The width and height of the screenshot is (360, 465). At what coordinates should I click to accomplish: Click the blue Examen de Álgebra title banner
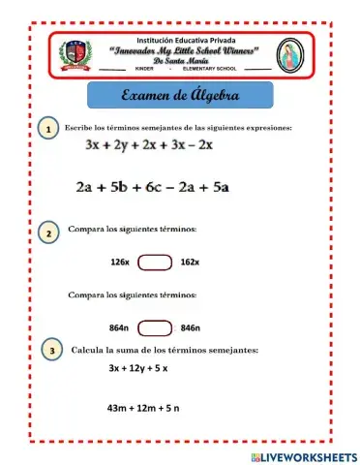point(181,97)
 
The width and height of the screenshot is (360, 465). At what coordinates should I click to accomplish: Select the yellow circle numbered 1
point(46,130)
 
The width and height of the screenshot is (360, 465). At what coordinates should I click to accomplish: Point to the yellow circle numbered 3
point(50,351)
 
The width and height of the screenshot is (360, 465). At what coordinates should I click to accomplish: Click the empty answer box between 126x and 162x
point(155,262)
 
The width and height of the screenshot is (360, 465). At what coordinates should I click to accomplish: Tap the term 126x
point(120,262)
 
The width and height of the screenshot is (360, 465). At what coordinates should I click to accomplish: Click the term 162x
point(190,262)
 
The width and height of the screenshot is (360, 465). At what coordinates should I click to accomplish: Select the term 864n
point(120,327)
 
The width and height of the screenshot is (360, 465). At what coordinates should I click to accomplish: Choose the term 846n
point(191,327)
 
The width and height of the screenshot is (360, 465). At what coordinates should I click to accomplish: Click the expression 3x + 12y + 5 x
point(138,368)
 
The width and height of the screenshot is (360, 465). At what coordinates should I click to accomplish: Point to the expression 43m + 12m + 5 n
point(143,408)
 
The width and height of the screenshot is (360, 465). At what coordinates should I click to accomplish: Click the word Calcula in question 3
point(87,349)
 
